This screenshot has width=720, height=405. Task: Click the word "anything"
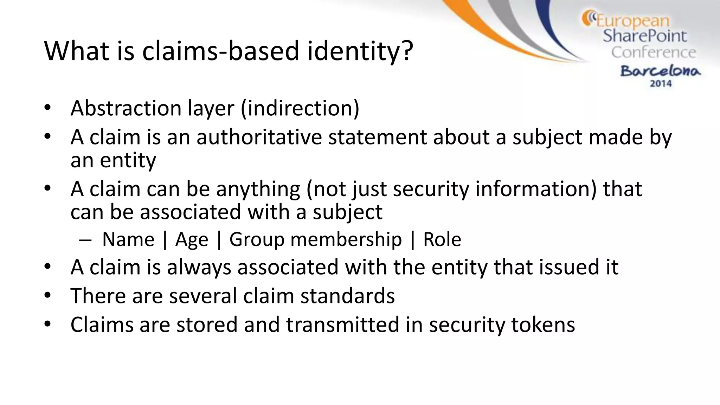tap(258, 189)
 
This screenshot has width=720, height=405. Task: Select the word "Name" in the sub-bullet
tap(128, 239)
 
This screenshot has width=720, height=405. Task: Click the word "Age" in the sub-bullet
tap(192, 240)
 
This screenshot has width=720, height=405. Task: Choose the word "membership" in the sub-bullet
tap(346, 239)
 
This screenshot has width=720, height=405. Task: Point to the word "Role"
tap(442, 239)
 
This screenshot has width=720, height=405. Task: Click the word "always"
tap(199, 267)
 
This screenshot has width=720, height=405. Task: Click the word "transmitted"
tap(343, 324)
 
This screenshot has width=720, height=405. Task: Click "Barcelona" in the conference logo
tap(660, 71)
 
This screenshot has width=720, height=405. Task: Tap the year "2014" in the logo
tap(661, 84)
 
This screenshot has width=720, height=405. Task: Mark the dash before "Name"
tap(85, 240)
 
